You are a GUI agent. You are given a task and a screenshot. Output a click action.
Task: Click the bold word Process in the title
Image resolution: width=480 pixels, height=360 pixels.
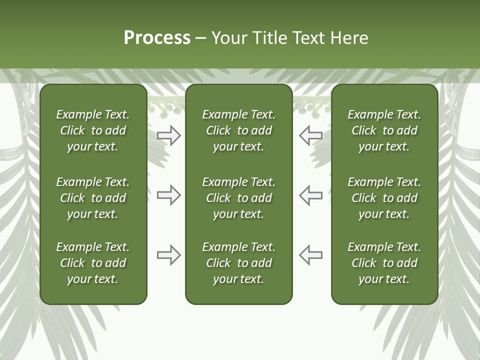coord(157,38)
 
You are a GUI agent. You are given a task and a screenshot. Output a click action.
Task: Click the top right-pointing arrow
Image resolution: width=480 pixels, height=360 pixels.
coord(169,135)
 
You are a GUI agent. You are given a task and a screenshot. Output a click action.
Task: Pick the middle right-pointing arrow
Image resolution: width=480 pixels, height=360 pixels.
coord(169,195)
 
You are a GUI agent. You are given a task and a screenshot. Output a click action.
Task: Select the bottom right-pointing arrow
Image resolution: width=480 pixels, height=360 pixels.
coord(169,255)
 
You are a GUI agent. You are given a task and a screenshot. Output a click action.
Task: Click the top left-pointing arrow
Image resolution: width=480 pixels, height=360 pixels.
coord(310,135)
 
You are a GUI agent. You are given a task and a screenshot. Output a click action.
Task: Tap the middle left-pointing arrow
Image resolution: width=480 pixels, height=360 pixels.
coord(310,195)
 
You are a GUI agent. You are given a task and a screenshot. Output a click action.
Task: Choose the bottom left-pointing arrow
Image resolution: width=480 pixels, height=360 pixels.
coord(310,255)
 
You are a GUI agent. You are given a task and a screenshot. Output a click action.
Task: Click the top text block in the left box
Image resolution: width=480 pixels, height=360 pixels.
coord(93,130)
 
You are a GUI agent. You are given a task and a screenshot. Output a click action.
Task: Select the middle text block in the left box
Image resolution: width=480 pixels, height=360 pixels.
coord(93,198)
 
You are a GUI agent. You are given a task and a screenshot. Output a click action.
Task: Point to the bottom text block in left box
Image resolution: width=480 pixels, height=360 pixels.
coord(93,263)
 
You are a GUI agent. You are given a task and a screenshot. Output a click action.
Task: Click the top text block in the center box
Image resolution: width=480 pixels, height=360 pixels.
coord(238,130)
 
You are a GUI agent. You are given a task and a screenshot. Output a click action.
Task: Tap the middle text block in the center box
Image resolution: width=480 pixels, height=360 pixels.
coord(238,198)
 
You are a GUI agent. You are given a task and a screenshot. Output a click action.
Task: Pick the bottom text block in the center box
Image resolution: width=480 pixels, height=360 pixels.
coord(238,263)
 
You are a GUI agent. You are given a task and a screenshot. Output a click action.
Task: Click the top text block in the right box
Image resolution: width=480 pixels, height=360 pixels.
coord(384,130)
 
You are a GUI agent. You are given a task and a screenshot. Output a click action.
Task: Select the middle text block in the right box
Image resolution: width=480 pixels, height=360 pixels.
coord(384,198)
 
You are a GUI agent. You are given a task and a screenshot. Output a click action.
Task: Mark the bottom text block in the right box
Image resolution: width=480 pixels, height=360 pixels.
coord(384,263)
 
